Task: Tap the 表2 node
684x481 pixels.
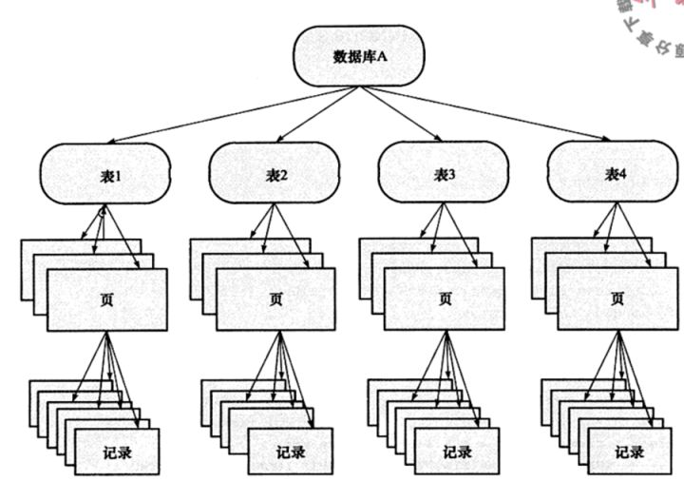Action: pos(275,174)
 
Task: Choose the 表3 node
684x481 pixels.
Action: pos(445,174)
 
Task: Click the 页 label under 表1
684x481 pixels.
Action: pos(105,298)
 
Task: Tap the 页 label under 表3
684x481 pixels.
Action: pos(445,298)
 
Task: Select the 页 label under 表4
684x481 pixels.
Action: pos(616,298)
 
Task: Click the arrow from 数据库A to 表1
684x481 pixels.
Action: pos(228,115)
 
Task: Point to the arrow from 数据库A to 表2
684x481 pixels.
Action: pos(314,115)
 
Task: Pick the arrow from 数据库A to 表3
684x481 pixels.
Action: pos(400,115)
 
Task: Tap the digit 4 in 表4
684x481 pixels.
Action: pos(624,174)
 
